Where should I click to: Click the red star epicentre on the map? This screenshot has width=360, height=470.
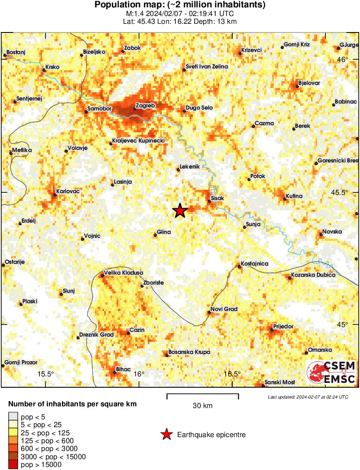(180, 211)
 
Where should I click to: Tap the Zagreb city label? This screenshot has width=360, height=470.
(145, 105)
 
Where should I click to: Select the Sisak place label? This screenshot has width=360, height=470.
(217, 198)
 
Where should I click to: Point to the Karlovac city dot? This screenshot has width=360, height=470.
(55, 194)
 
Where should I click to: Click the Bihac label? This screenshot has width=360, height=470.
(123, 369)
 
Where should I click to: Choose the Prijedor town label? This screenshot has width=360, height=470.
(283, 326)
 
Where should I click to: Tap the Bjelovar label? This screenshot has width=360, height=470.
(309, 83)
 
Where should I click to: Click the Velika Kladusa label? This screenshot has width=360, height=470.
(123, 273)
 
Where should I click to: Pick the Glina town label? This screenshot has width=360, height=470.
(164, 232)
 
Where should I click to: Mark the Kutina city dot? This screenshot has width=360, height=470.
(285, 199)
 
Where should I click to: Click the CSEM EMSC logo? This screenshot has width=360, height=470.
(331, 373)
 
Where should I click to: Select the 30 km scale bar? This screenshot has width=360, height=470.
(203, 395)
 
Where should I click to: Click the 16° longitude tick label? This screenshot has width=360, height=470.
(139, 374)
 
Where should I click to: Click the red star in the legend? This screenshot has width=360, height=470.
(166, 434)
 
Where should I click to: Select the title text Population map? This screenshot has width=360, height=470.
(180, 5)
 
